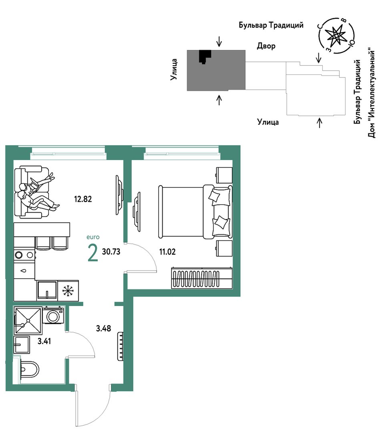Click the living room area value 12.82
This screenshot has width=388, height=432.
pyautogui.click(x=82, y=199)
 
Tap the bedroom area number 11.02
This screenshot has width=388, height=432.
pyautogui.click(x=167, y=251)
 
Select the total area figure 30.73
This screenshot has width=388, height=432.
pyautogui.click(x=111, y=251)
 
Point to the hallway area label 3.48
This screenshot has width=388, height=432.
pyautogui.click(x=103, y=328)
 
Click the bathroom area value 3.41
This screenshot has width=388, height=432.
pyautogui.click(x=44, y=341)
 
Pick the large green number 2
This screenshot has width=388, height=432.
pyautogui.click(x=92, y=253)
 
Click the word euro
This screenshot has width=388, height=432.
pyautogui.click(x=93, y=237)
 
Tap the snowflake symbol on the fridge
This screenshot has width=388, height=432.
pyautogui.click(x=68, y=291)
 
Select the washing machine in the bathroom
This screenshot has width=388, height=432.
pyautogui.click(x=54, y=315)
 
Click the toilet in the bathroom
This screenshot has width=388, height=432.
pyautogui.click(x=29, y=369)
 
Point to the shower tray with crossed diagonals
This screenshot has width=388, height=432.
pyautogui.click(x=28, y=320)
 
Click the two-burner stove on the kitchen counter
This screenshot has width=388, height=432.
pyautogui.click(x=24, y=255)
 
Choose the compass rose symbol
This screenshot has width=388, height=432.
pyautogui.click(x=336, y=36)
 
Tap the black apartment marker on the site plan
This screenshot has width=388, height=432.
pyautogui.click(x=205, y=56)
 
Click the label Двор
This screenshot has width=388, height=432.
pyautogui.click(x=266, y=46)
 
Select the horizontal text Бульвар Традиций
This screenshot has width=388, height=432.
pyautogui.click(x=271, y=25)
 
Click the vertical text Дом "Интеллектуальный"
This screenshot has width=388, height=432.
pyautogui.click(x=372, y=94)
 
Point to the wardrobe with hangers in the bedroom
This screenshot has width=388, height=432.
pyautogui.click(x=202, y=278)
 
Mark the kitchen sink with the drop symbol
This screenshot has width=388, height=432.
pyautogui.click(x=24, y=271)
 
